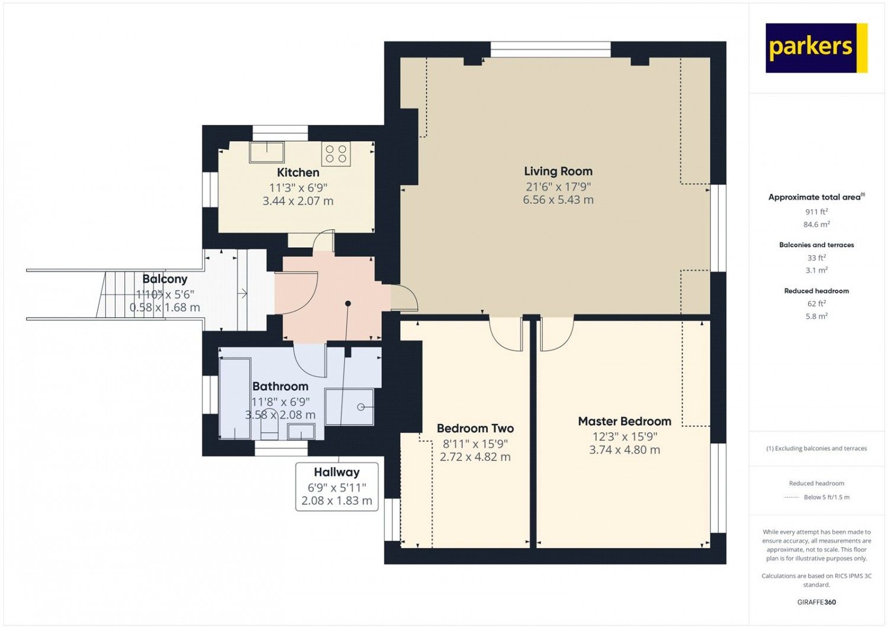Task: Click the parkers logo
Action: [816, 48]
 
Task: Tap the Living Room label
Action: [558, 171]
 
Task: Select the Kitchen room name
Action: [298, 172]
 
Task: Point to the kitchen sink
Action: [267, 152]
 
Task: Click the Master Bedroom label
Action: [625, 421]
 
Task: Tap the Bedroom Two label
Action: [475, 428]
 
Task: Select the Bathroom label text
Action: [280, 386]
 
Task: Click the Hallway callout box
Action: [337, 487]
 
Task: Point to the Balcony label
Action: [165, 279]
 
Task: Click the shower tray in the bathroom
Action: [349, 407]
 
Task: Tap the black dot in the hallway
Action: [348, 303]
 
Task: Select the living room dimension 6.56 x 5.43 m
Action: [558, 200]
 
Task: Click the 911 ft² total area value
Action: [816, 212]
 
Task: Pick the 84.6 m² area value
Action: [816, 224]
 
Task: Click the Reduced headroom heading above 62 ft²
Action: [816, 291]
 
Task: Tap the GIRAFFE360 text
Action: [816, 602]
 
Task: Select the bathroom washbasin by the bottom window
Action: [301, 431]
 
